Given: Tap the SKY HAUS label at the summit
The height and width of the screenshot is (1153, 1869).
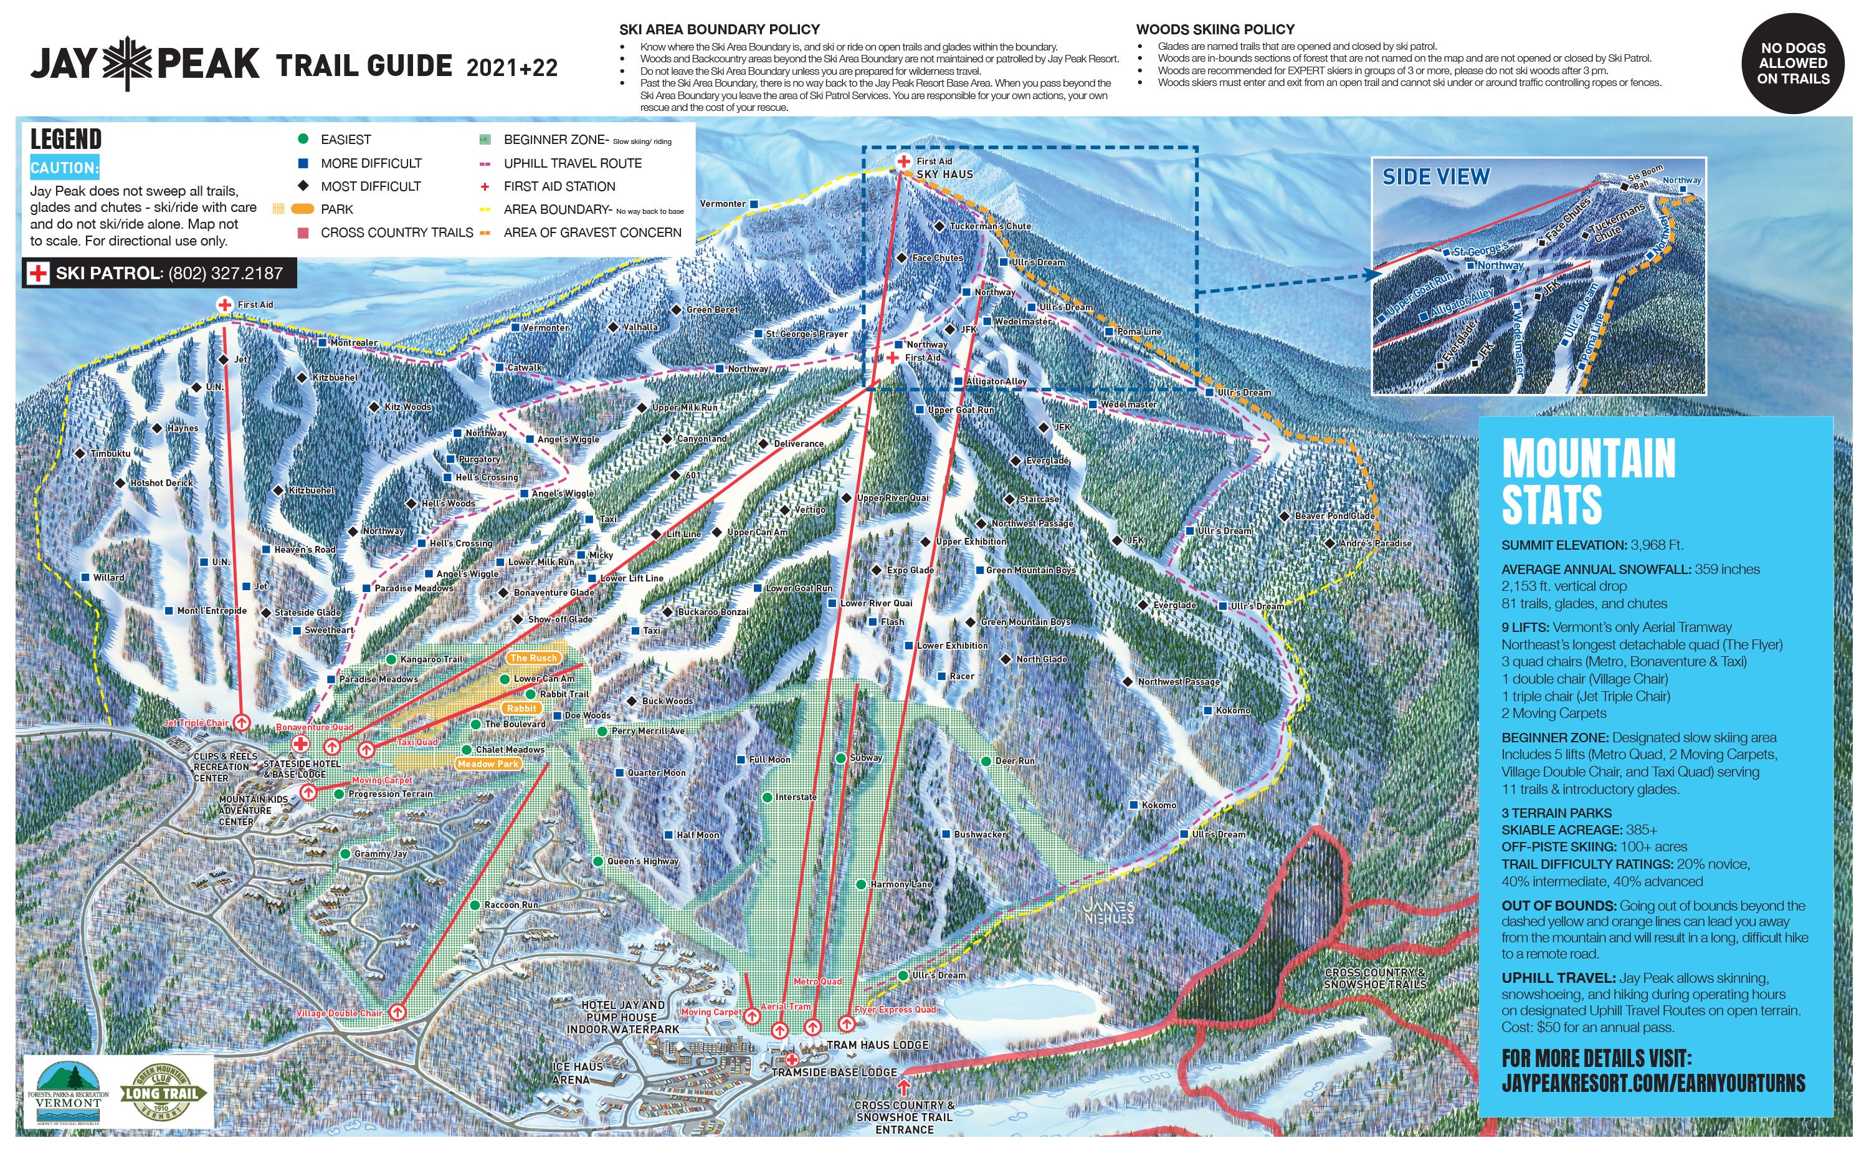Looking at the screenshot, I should click(x=944, y=175).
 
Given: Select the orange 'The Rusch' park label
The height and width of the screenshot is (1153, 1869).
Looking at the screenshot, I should click(x=533, y=658).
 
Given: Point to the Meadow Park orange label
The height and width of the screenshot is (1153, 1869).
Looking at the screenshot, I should click(x=488, y=764).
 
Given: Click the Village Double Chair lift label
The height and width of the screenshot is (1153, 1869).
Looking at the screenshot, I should click(x=339, y=1013).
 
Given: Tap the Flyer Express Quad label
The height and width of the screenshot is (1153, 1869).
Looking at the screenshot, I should click(x=895, y=1010).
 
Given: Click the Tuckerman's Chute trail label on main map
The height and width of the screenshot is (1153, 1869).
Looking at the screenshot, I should click(x=989, y=226).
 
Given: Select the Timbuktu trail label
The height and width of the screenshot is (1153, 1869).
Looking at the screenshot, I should click(x=110, y=454).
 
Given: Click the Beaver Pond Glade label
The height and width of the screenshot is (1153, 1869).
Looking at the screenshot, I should click(x=1334, y=516).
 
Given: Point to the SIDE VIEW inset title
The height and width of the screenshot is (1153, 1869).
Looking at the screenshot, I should click(x=1435, y=177).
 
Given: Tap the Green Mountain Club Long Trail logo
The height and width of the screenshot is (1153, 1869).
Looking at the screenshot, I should click(x=161, y=1093).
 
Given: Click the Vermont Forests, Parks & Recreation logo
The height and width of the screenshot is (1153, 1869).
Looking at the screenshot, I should click(x=68, y=1093).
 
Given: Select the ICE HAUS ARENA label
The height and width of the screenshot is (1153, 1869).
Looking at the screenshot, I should click(x=577, y=1073).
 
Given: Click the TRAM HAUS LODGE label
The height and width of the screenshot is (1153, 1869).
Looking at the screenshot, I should click(x=877, y=1045).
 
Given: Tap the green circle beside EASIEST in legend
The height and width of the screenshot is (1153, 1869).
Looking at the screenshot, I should click(x=303, y=139).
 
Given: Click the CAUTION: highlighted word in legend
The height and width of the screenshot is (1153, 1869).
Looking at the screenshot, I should click(x=64, y=168).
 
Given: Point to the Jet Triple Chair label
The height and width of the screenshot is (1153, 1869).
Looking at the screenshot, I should click(x=196, y=723).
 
